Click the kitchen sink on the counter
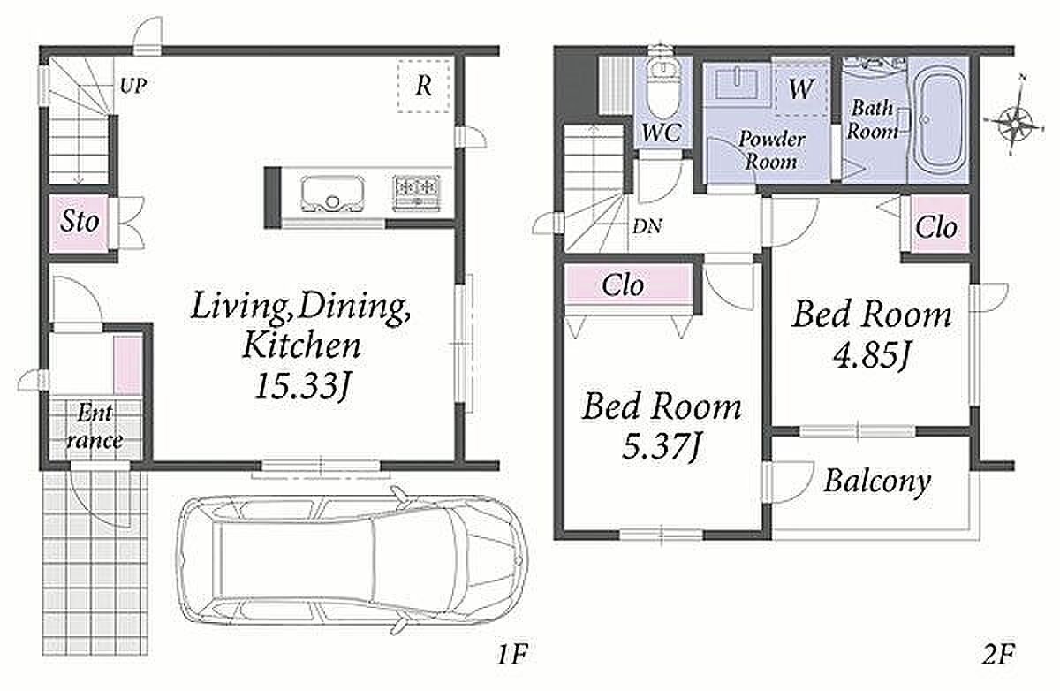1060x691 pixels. point(333,194)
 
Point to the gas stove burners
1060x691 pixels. point(416,193)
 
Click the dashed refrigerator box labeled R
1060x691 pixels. point(423,86)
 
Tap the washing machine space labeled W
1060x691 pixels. point(802,88)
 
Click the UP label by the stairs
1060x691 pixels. point(133,87)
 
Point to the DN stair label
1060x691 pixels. point(647,227)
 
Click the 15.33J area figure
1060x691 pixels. point(302,386)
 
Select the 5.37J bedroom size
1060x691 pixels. point(661,446)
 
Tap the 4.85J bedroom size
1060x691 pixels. point(871,355)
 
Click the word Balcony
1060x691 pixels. point(877,482)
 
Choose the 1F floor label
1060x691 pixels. point(512,655)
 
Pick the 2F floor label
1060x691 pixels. point(998,655)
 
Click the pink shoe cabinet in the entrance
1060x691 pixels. point(128,364)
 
